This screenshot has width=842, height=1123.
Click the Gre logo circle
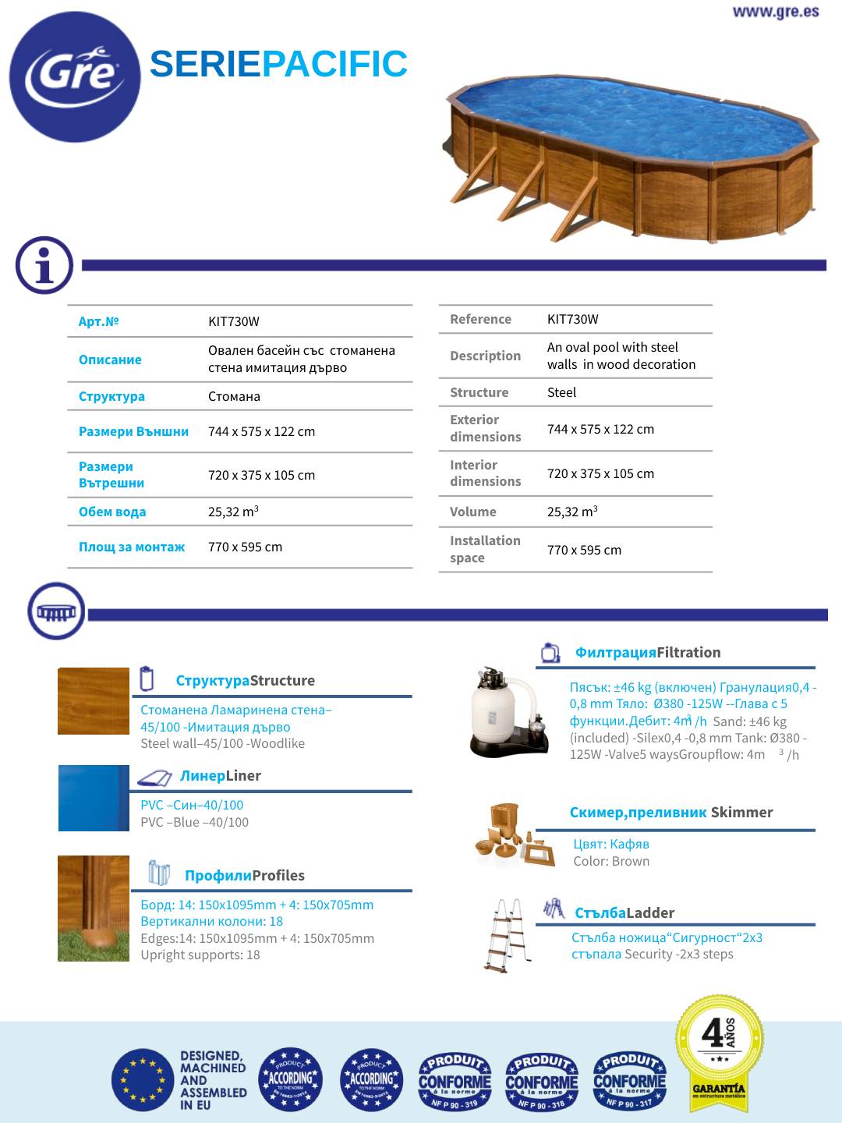[x=75, y=76]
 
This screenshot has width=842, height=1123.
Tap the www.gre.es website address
[x=775, y=12]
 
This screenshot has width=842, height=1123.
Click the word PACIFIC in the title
[x=334, y=64]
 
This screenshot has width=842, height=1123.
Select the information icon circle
[x=44, y=265]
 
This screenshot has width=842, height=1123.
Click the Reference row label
[x=480, y=319]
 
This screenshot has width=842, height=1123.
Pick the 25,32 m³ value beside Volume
[x=572, y=512]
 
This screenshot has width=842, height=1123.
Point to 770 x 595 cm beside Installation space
[x=584, y=550]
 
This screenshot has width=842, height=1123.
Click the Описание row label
[x=110, y=360]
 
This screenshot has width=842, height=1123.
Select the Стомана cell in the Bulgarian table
[x=234, y=396]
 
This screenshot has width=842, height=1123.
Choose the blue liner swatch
[x=94, y=798]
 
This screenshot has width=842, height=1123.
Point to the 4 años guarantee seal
[x=719, y=1048]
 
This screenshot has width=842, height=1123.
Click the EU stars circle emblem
[x=142, y=1080]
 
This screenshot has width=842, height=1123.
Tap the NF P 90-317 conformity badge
[x=629, y=1080]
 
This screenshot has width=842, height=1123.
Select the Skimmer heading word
[x=741, y=812]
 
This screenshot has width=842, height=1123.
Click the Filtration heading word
[x=688, y=652]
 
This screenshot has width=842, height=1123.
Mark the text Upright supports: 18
[x=200, y=955]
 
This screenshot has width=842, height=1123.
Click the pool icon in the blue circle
[x=55, y=611]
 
